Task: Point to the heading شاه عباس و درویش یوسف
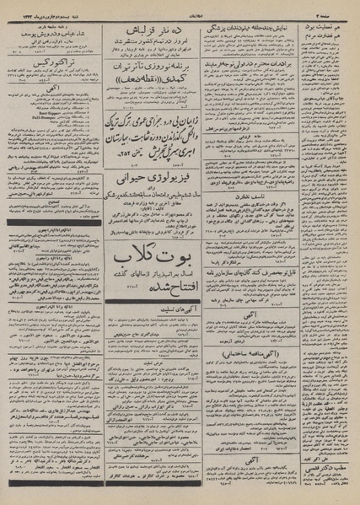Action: (49, 29)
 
